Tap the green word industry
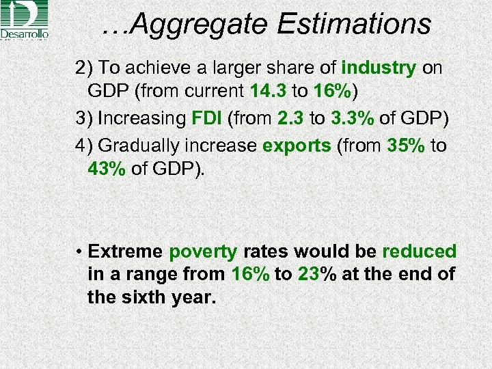tap(378, 68)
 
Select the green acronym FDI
tap(206, 118)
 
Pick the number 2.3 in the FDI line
tap(292, 118)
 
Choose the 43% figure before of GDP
tap(107, 168)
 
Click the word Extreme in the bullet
tap(126, 251)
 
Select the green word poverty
tap(203, 251)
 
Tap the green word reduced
tap(419, 251)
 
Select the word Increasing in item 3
tap(141, 118)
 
